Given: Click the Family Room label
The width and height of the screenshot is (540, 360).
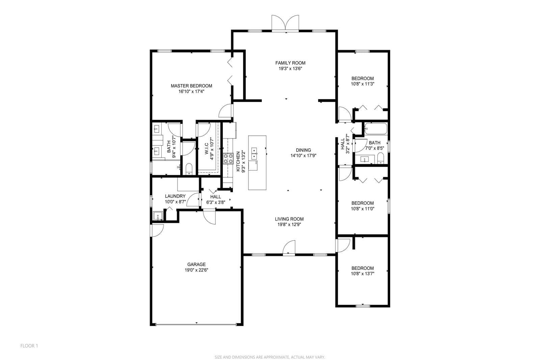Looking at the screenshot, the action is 290,63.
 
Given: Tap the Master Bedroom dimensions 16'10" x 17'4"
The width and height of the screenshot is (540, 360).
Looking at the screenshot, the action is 191,92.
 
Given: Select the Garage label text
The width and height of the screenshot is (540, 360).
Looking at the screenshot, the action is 196,264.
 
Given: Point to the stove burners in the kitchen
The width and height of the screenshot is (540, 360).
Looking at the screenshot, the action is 228,158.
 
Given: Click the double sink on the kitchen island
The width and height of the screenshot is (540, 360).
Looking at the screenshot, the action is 254,153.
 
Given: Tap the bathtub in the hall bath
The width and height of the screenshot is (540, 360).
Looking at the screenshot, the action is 376,129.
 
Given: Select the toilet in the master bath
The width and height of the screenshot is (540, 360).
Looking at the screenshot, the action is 189,169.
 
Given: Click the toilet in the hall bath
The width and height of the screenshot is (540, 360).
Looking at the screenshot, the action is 380,158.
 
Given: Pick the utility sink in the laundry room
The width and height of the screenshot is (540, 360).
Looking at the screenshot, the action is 158,215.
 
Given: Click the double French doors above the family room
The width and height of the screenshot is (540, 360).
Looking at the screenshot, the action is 286,23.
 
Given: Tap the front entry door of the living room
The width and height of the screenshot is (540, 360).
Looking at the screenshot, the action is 289,247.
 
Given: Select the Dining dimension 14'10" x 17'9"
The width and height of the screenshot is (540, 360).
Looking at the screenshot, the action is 303,156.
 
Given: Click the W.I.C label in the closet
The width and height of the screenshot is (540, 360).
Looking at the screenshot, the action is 207,148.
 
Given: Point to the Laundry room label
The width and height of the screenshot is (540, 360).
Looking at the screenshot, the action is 175,196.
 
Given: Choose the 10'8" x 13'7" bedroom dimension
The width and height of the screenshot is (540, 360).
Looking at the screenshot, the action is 362,274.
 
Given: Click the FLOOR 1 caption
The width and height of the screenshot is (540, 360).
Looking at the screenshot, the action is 29,346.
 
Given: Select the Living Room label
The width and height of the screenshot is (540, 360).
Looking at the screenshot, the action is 289,219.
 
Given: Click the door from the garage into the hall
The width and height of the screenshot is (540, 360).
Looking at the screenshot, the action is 209,217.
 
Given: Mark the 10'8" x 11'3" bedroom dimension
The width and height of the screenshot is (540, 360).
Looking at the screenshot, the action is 362,84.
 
